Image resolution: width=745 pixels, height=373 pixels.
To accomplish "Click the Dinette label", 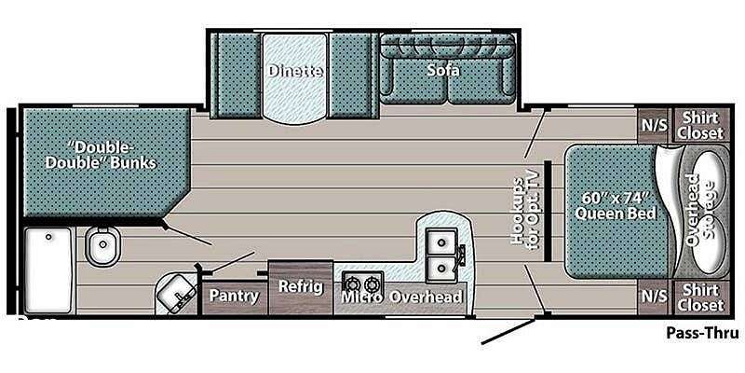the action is coord(295,72).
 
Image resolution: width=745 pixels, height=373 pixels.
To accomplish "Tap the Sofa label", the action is coord(443,71).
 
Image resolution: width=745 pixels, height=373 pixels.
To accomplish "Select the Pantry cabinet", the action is coord(234,296).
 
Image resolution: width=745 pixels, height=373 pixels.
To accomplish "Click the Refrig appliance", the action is coord(300,287).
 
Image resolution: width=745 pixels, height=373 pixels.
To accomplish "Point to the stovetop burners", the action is coord(362,284).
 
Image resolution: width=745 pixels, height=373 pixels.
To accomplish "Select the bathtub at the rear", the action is coord(48,269).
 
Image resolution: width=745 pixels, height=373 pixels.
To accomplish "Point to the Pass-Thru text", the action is coord(702,333).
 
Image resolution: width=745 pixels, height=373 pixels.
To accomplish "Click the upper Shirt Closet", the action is coord(700,125).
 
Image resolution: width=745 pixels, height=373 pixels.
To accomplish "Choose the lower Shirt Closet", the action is coord(700,297).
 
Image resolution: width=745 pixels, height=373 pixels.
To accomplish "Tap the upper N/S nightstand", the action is coord(655,126).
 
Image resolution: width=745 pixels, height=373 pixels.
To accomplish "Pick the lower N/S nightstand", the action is coord(655,297).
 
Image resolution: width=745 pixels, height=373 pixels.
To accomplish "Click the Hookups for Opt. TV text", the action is coord(525,212).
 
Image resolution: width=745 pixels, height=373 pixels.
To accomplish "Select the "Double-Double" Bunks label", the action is coord(101,154).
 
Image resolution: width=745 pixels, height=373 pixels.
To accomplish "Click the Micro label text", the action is coord(362,297).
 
